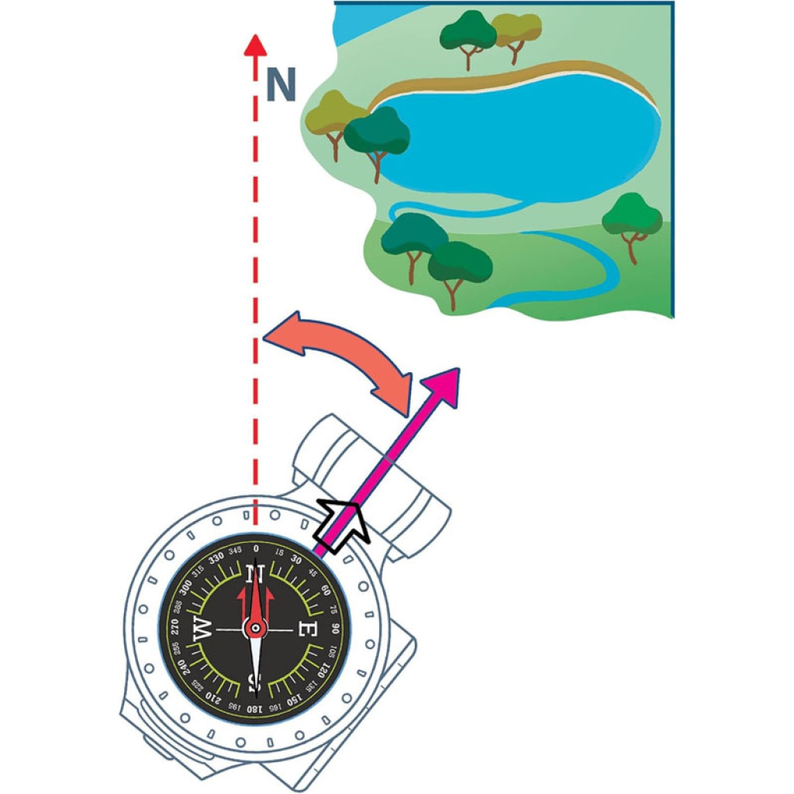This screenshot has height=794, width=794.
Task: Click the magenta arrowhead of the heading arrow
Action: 443,387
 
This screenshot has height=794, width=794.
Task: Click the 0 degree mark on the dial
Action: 255,548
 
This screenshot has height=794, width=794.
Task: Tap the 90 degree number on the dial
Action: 335,628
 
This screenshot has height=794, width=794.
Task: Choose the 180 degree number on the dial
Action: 254,708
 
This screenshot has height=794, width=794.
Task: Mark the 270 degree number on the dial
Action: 174,628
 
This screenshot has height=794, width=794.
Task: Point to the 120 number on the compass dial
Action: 323,668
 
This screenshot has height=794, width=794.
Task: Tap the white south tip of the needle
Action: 255,682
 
